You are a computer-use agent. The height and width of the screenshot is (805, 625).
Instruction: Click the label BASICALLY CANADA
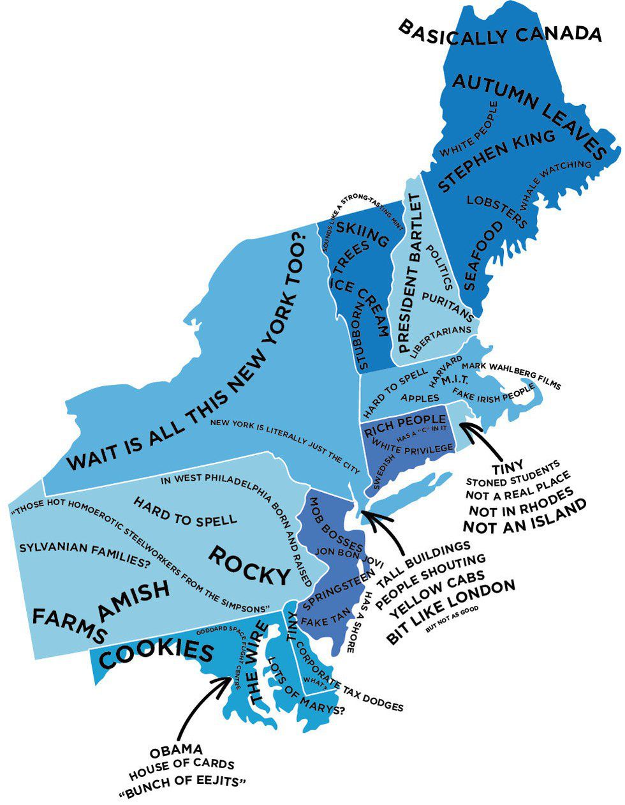click(x=500, y=31)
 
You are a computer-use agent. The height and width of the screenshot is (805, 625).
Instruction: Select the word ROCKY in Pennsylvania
click(x=249, y=566)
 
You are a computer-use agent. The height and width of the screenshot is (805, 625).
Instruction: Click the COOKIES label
click(x=156, y=654)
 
